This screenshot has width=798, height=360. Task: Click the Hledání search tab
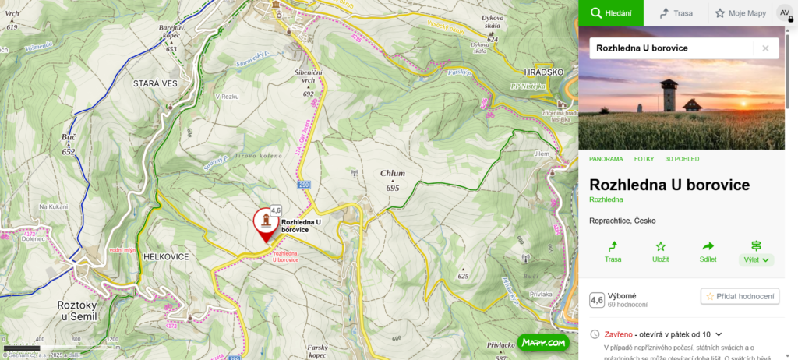tap(610, 13)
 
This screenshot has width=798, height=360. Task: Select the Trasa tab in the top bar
tap(675, 13)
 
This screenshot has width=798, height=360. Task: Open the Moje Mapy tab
tap(740, 13)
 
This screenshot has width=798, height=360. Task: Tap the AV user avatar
tap(785, 13)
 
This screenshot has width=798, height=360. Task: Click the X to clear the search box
tap(765, 48)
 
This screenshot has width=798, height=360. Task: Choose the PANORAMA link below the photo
tap(606, 159)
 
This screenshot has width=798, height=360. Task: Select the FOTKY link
tap(644, 159)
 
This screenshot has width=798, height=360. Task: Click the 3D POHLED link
tap(682, 159)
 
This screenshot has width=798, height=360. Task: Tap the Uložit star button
tap(660, 252)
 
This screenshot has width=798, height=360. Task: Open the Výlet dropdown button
tap(756, 252)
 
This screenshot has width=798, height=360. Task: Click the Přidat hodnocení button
tap(740, 296)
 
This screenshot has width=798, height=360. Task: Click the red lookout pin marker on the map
tap(265, 224)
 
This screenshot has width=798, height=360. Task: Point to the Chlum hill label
tap(393, 173)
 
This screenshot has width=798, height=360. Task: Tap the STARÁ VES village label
tap(157, 83)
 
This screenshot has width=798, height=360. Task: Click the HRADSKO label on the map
tap(543, 72)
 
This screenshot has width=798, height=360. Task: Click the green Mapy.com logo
tap(542, 342)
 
